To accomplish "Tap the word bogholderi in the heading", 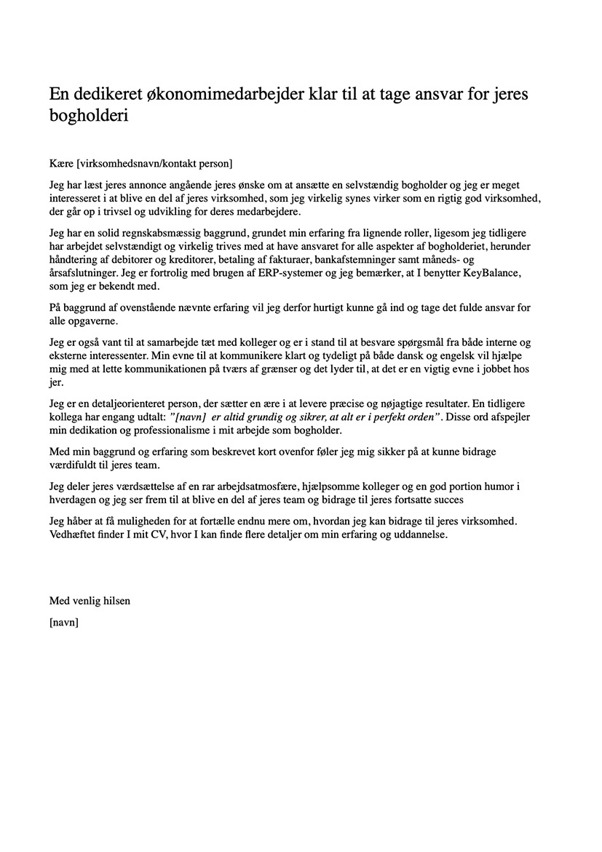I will (89, 116).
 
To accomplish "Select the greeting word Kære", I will (62, 162).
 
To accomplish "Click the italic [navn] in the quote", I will (187, 416).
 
